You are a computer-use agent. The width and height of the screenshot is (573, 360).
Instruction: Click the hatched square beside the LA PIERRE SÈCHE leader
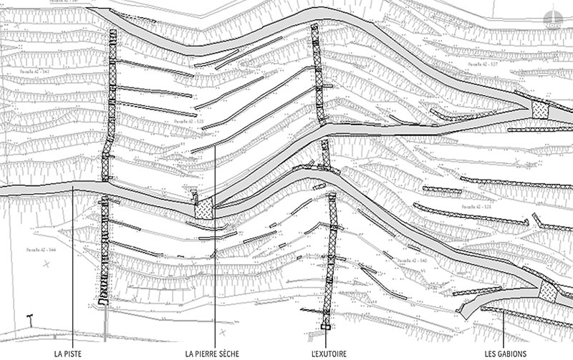click(x=205, y=208)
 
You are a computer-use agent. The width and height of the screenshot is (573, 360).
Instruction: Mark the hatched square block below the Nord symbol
click(x=539, y=110)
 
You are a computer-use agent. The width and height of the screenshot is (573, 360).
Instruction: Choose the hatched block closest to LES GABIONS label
click(x=548, y=291)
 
